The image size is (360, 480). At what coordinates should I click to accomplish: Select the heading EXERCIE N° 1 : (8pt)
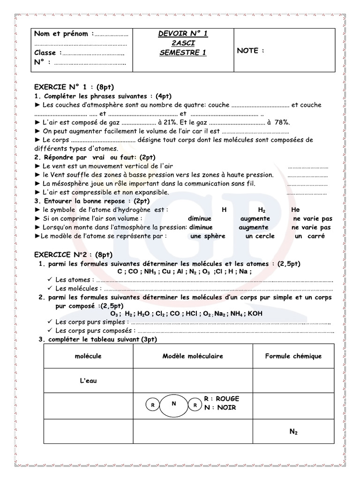[74, 87]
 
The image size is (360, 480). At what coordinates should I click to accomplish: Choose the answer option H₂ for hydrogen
[262, 210]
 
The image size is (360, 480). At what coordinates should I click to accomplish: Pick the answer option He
[295, 210]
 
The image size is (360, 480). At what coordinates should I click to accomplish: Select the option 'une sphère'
[208, 236]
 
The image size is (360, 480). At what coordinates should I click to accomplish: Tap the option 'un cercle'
[260, 236]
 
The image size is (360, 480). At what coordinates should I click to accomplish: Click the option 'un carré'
[310, 236]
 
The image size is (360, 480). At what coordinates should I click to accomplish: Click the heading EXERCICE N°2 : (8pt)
[74, 255]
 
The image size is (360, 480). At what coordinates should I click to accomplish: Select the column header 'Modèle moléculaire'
[193, 356]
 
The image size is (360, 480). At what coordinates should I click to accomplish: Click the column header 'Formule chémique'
[293, 356]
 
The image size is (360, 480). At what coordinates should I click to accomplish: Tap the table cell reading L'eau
[88, 381]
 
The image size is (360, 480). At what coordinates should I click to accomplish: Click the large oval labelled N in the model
[174, 405]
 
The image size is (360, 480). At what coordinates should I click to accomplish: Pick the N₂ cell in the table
[294, 432]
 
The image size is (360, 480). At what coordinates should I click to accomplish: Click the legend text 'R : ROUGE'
[222, 399]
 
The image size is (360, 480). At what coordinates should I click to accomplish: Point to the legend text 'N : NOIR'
[220, 408]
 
